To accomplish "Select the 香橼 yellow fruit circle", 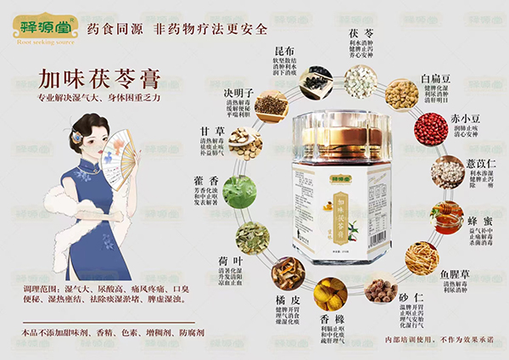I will [x=330, y=294].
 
